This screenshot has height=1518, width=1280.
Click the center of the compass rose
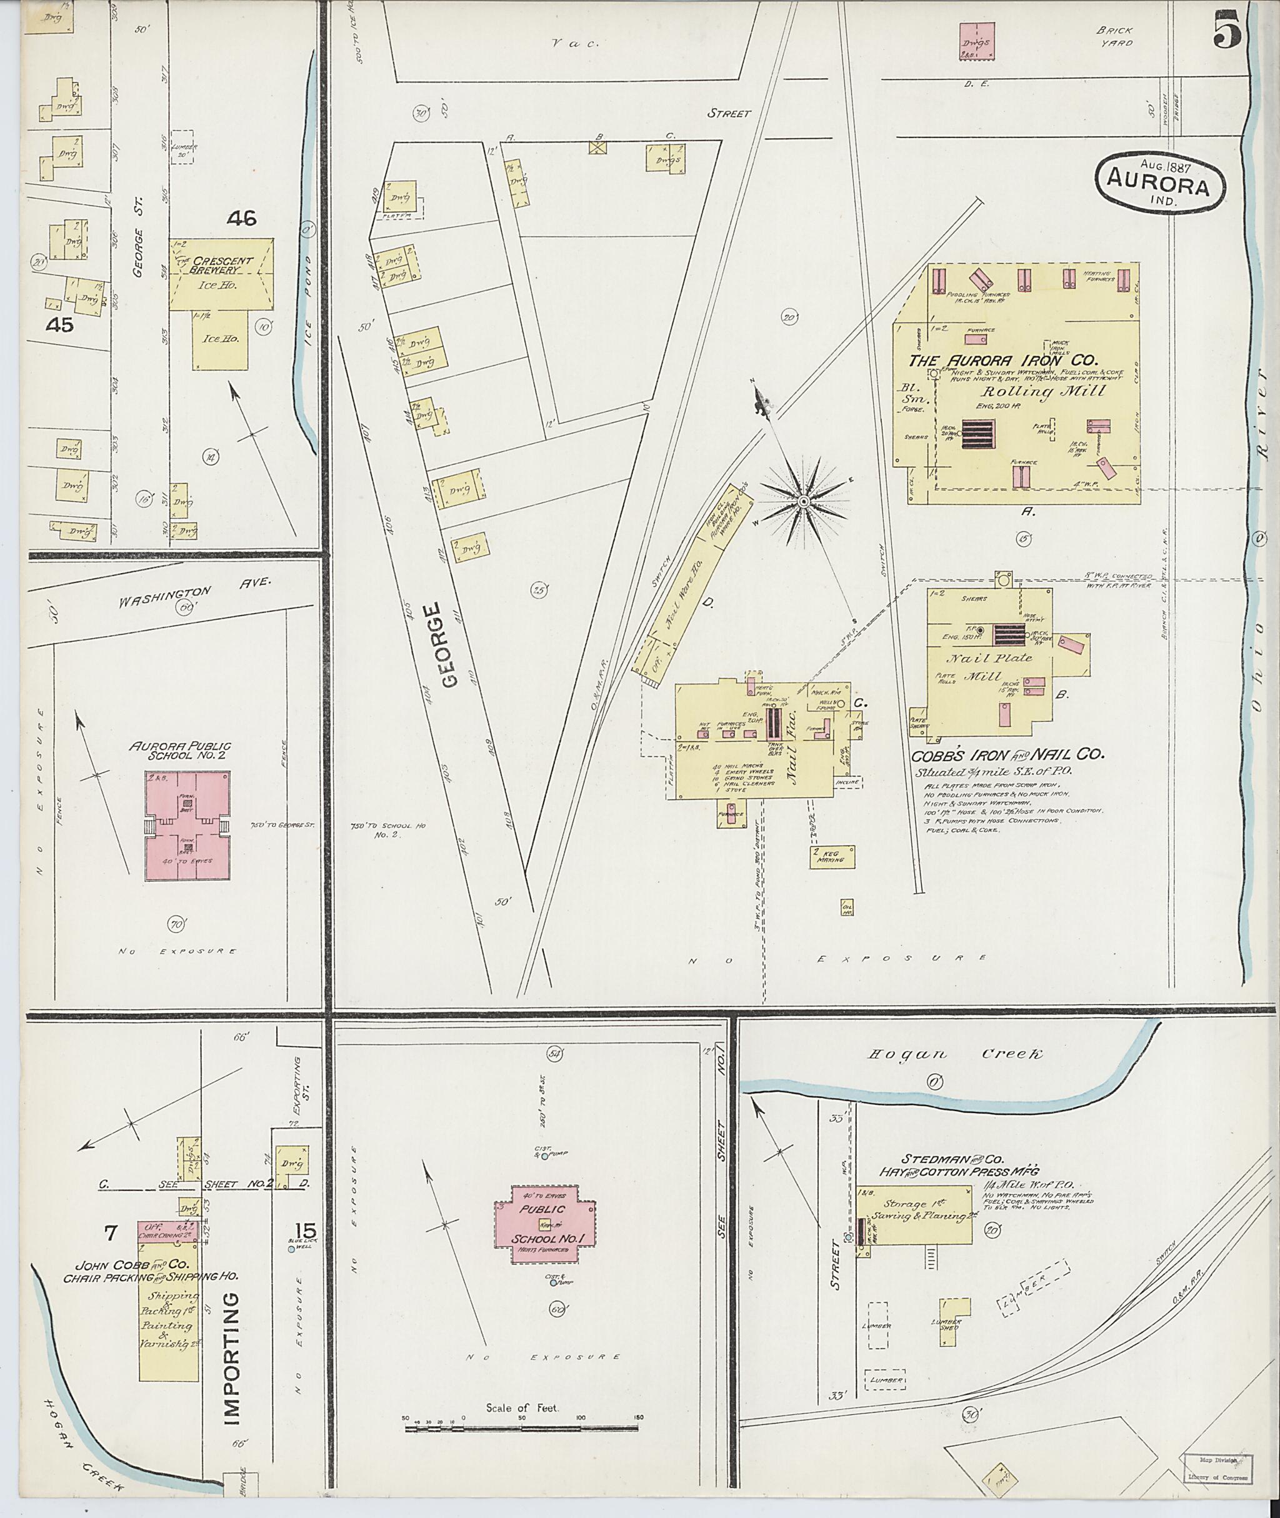click(803, 502)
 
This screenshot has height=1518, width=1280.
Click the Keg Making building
click(832, 856)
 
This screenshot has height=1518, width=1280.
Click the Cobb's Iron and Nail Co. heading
click(1007, 755)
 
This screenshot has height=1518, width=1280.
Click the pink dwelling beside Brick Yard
click(977, 41)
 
